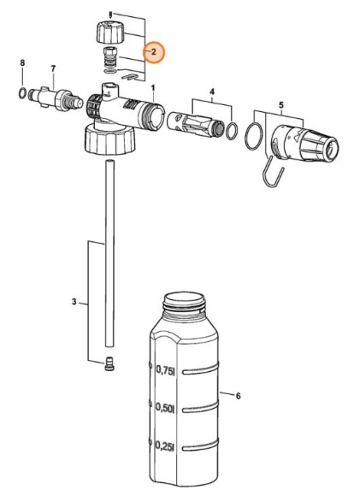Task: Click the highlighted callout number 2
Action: click(x=154, y=52)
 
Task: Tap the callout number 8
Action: click(x=22, y=63)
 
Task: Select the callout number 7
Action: click(x=53, y=68)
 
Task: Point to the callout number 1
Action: click(x=153, y=87)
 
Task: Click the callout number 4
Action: click(x=212, y=92)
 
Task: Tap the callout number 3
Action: click(x=74, y=302)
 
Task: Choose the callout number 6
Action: click(x=238, y=395)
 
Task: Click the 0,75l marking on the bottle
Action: click(x=165, y=370)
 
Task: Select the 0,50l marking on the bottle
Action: click(x=165, y=408)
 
